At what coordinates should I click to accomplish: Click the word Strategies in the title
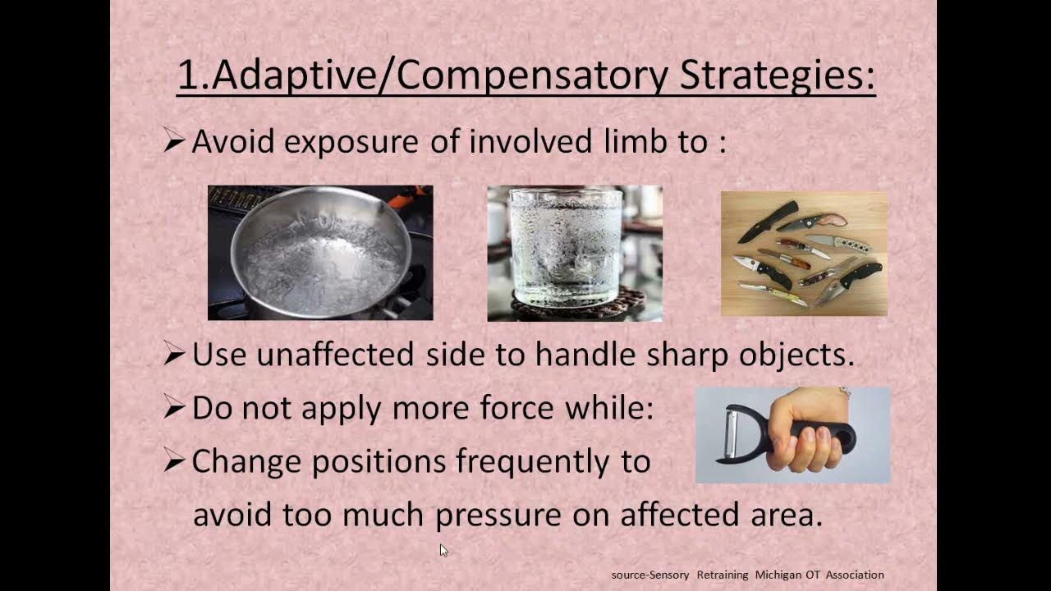click(x=777, y=76)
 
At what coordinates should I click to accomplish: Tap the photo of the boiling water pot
click(x=320, y=253)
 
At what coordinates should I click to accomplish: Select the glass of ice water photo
click(x=574, y=253)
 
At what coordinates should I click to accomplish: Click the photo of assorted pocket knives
click(x=803, y=254)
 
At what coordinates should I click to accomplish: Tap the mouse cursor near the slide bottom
click(x=443, y=550)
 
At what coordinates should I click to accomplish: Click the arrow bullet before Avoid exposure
click(x=173, y=142)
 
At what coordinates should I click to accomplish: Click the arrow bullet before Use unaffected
click(x=173, y=355)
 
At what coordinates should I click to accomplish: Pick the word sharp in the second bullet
click(x=688, y=355)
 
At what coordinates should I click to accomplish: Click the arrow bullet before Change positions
click(x=173, y=462)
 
